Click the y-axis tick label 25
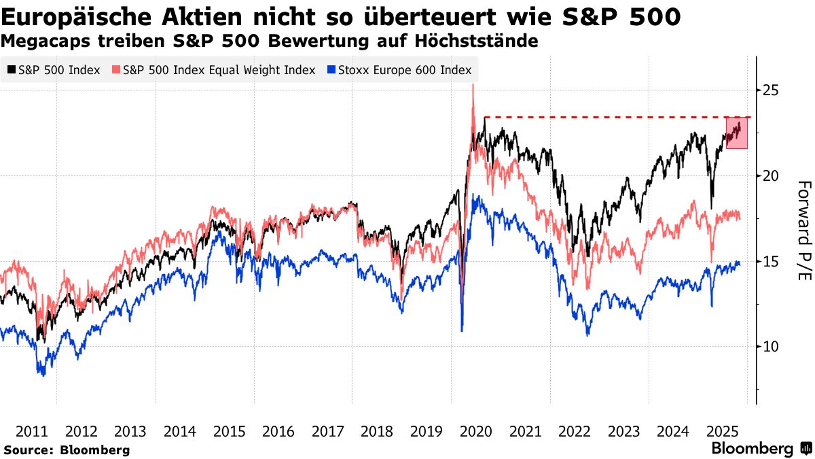click(769, 90)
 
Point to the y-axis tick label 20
click(769, 175)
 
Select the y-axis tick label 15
click(769, 261)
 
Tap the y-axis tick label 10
click(769, 346)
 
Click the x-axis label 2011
click(31, 431)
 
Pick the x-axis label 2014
click(180, 431)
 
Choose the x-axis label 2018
click(377, 431)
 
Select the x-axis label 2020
click(475, 431)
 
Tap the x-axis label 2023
click(623, 431)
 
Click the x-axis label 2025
click(722, 431)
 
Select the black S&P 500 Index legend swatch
click(12, 70)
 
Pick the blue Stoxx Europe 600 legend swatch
click(331, 70)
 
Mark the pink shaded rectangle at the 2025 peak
click(737, 133)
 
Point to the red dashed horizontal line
click(604, 117)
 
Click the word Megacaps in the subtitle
click(39, 41)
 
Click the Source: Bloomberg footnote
click(67, 449)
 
